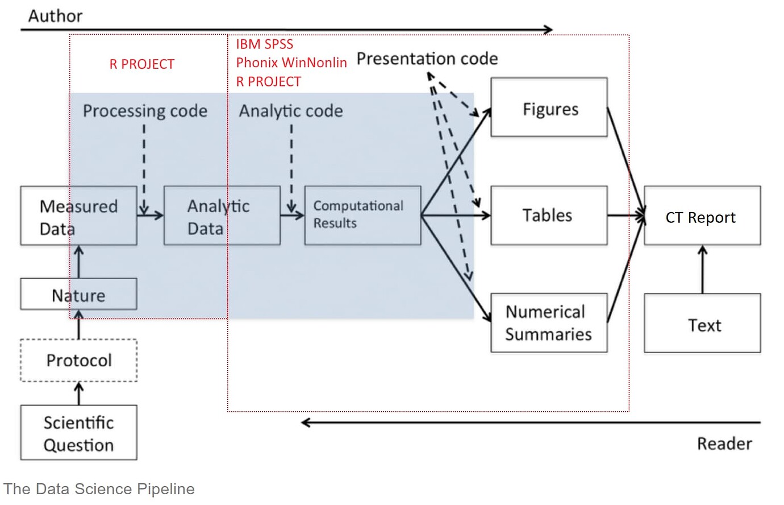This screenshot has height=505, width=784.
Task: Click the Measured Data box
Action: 78,216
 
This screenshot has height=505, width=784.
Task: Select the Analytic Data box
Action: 222,216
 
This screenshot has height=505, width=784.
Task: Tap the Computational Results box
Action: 362,216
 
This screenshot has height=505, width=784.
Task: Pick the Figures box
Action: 549,108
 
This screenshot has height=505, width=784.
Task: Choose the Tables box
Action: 549,216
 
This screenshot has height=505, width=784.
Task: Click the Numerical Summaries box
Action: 549,323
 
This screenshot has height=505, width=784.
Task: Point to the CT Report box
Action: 702,216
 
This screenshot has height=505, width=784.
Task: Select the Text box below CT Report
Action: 702,324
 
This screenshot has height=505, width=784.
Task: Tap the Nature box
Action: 78,295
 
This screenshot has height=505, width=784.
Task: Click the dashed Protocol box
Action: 78,361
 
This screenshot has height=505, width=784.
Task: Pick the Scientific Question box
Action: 78,433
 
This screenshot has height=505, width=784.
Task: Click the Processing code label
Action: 145,111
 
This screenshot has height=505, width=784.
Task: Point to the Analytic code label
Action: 290,111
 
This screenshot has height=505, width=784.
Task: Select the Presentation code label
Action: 427,59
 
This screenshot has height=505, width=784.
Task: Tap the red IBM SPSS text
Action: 264,44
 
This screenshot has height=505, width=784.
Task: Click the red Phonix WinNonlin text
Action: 291,63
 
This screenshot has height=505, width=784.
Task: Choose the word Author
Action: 55,16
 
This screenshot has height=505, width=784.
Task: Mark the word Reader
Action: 724,444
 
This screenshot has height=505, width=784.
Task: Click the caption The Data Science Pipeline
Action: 99,489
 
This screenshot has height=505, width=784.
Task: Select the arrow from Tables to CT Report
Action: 625,216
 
